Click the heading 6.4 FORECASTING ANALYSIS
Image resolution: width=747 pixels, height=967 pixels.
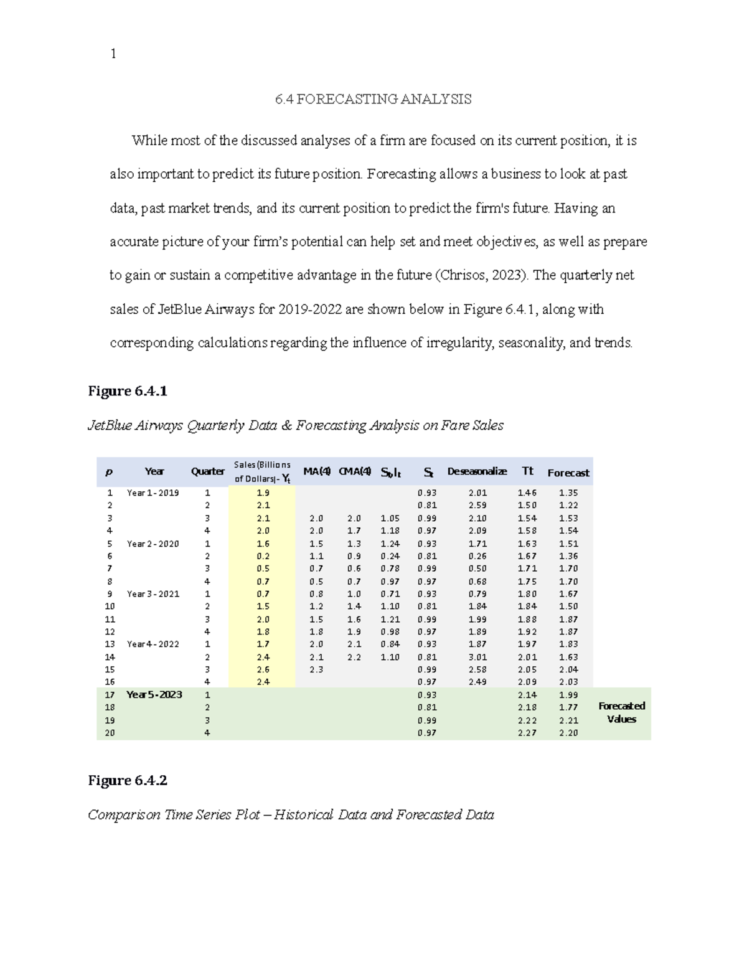[374, 99]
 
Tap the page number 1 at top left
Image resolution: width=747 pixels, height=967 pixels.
[113, 54]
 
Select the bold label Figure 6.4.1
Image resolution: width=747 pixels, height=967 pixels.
[128, 391]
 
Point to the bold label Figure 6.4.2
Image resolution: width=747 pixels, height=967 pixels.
[128, 780]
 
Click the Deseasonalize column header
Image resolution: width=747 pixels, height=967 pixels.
[477, 471]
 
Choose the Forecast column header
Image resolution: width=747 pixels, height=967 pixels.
[568, 473]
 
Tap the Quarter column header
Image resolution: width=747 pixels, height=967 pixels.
[207, 471]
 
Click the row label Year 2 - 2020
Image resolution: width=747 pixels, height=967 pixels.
[153, 544]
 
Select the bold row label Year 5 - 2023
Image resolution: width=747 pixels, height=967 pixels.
[154, 694]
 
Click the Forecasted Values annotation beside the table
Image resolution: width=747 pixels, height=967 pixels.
[621, 712]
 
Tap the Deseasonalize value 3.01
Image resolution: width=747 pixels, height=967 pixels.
[477, 657]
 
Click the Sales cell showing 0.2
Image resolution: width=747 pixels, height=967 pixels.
[263, 556]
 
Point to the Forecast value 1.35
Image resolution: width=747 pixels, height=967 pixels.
[568, 493]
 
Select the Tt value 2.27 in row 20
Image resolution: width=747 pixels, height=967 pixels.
[527, 733]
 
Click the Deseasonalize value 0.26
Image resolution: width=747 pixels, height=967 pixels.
[477, 556]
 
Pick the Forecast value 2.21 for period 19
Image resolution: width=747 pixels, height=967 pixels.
[568, 720]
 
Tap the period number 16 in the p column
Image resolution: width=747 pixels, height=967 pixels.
[110, 682]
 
